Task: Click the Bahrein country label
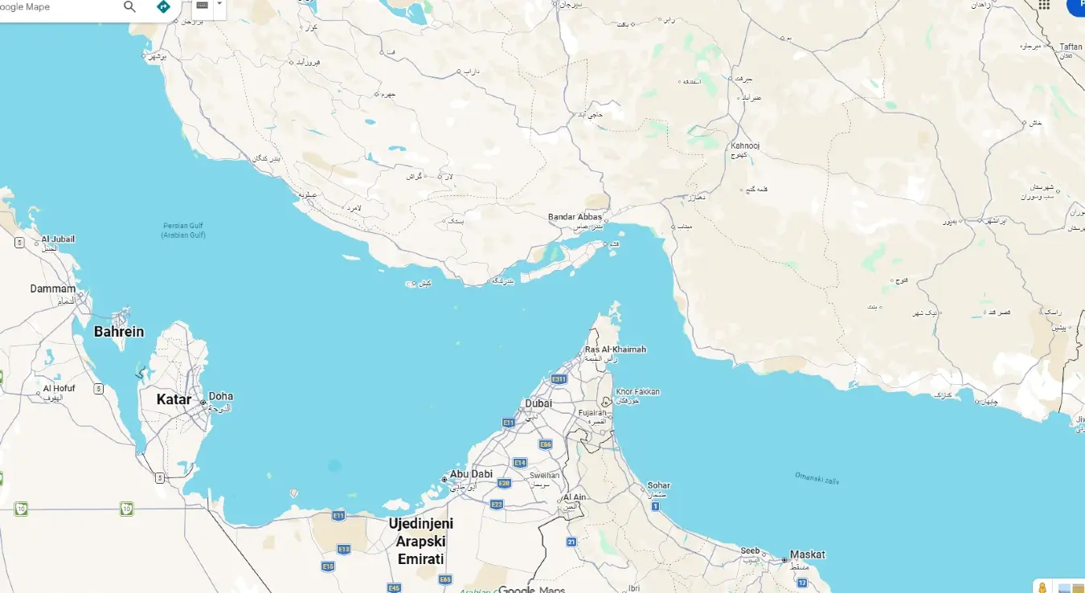click(119, 332)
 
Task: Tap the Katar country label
click(174, 399)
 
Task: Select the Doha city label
click(221, 396)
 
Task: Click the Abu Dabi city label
click(471, 474)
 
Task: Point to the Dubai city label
click(538, 403)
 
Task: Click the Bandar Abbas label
click(575, 217)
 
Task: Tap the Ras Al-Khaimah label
click(615, 350)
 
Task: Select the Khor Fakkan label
click(637, 392)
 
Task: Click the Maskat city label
click(807, 554)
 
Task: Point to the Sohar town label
click(658, 485)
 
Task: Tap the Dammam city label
click(53, 288)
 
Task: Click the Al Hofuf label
click(59, 388)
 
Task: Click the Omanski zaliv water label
click(816, 478)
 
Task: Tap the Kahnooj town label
click(745, 145)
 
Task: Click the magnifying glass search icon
click(129, 7)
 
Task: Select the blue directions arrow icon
click(163, 7)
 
